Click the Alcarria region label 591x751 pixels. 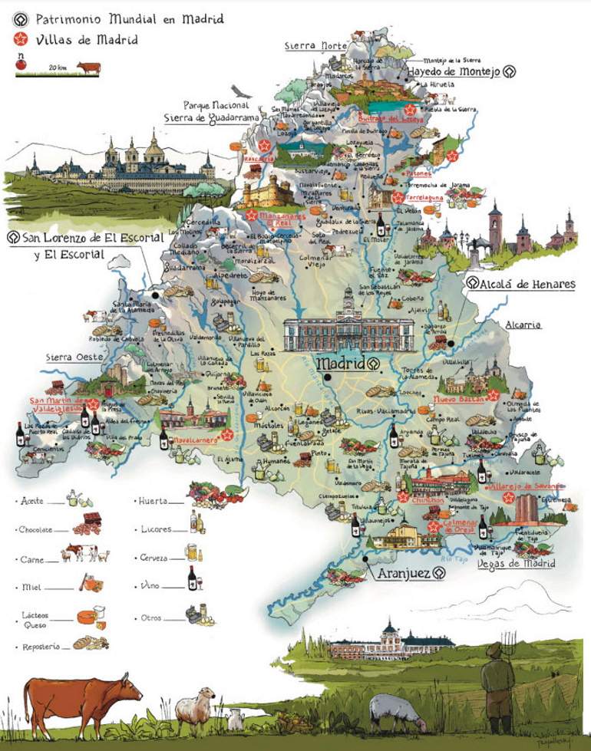[x=523, y=325]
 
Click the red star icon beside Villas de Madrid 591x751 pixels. [x=20, y=39]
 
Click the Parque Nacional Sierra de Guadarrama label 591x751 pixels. [x=206, y=112]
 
